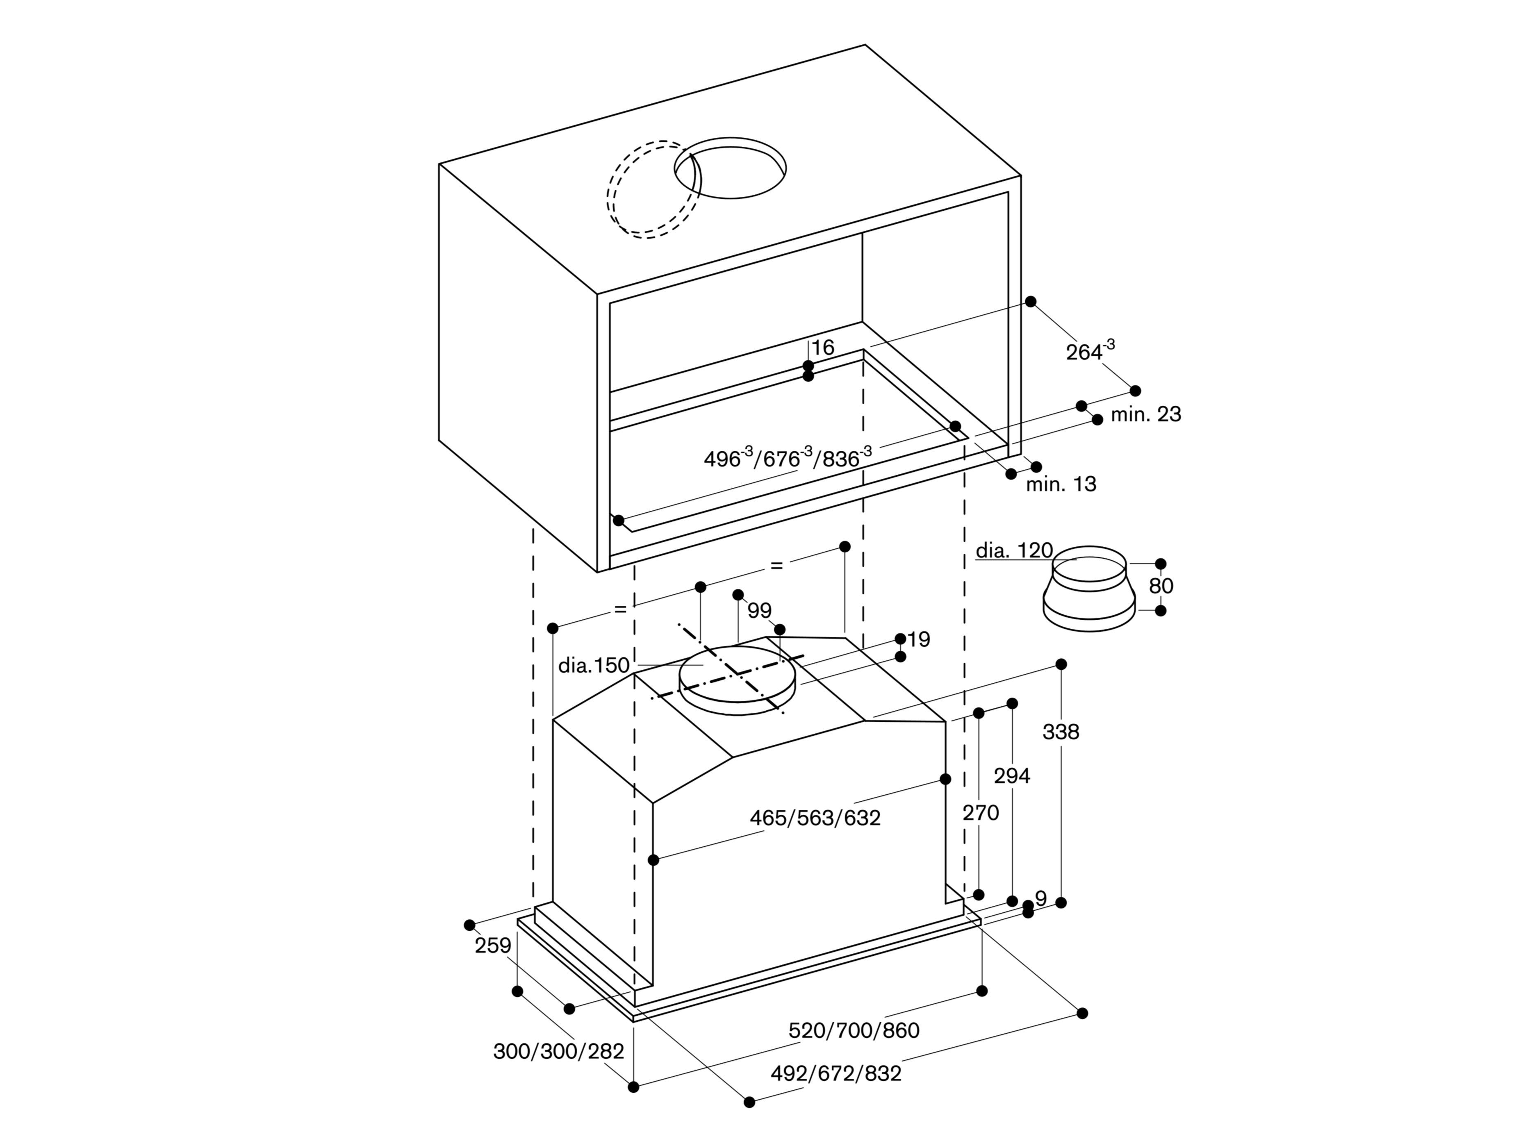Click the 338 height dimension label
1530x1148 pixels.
tap(1060, 732)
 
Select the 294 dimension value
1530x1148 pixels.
tap(1012, 776)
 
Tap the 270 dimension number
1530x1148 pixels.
tap(980, 813)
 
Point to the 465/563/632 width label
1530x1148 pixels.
tap(815, 818)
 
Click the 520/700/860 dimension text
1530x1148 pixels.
tap(854, 1030)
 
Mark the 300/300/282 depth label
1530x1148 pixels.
tap(558, 1051)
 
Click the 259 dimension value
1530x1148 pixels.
tap(492, 946)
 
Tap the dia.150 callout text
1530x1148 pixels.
tap(594, 665)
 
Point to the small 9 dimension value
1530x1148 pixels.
tap(1040, 898)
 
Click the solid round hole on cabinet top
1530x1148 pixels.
tap(731, 167)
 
